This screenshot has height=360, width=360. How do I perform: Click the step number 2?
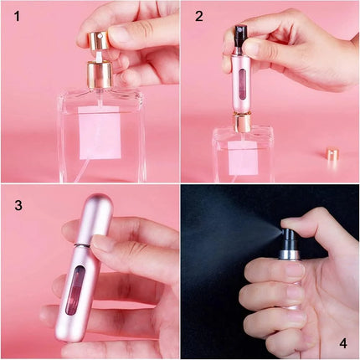(198, 16)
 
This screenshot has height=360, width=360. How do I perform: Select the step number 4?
(342, 342)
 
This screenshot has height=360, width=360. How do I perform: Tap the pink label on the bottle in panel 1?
(100, 133)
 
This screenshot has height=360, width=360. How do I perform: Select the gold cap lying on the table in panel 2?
(332, 156)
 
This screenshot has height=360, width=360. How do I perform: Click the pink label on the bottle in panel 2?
(243, 156)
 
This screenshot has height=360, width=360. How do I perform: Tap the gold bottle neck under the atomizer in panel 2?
(243, 124)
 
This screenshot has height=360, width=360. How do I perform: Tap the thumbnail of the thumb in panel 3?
(105, 244)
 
